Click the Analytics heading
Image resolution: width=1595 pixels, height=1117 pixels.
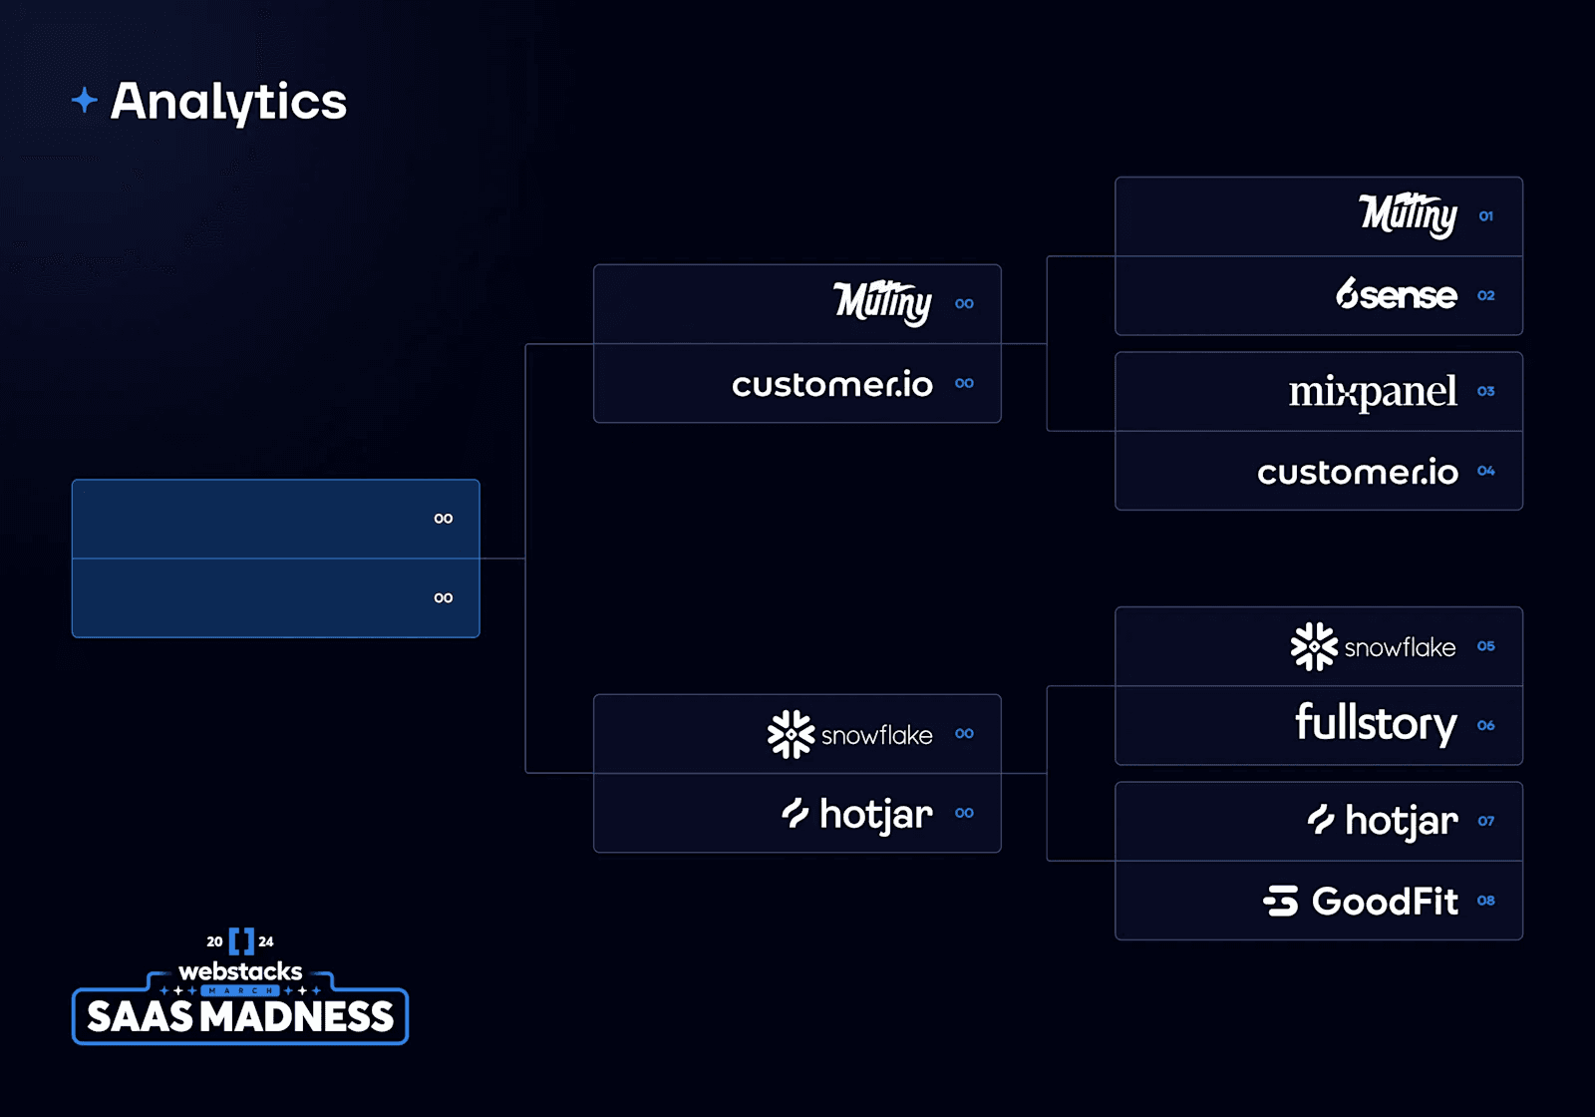click(228, 101)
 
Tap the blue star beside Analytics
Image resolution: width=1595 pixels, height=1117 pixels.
click(85, 100)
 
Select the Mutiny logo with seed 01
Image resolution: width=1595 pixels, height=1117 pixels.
click(1408, 215)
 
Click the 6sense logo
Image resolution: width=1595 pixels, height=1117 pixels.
click(1396, 295)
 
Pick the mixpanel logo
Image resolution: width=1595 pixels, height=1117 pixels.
click(1372, 392)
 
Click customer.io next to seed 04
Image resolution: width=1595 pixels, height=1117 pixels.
click(1357, 472)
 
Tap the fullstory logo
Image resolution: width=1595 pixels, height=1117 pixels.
click(1375, 723)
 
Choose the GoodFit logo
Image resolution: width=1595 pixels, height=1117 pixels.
click(1361, 901)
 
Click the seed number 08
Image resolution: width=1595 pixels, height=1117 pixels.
click(1485, 901)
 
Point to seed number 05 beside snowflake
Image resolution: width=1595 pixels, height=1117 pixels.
click(1485, 646)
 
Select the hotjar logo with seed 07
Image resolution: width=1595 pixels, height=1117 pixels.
click(1383, 821)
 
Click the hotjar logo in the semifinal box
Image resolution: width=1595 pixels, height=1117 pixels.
click(857, 814)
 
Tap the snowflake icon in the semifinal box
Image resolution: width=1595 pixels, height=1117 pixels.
click(791, 734)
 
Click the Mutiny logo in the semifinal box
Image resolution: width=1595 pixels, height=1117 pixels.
click(882, 303)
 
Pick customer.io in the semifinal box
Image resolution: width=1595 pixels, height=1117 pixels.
click(831, 384)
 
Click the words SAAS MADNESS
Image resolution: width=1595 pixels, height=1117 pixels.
click(240, 1017)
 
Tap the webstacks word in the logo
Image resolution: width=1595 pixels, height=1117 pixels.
click(240, 971)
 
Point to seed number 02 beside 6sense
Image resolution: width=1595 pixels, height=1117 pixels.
click(1485, 295)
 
